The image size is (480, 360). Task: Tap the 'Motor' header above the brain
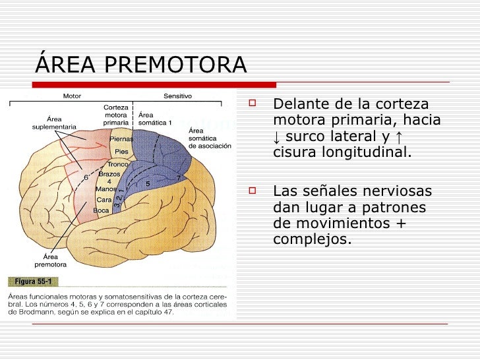pyautogui.click(x=72, y=96)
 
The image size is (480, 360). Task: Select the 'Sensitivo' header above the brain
pyautogui.click(x=177, y=96)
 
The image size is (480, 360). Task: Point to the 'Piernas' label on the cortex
pyautogui.click(x=121, y=139)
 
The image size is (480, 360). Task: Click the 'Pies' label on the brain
pyautogui.click(x=121, y=152)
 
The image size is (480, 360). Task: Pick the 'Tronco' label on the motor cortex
pyautogui.click(x=118, y=165)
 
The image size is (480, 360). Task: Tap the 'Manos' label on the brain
pyautogui.click(x=106, y=189)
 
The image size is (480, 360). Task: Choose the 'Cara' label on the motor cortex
pyautogui.click(x=104, y=200)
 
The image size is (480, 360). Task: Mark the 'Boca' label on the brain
pyautogui.click(x=101, y=210)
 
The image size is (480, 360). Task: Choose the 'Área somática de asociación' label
pyautogui.click(x=210, y=138)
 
